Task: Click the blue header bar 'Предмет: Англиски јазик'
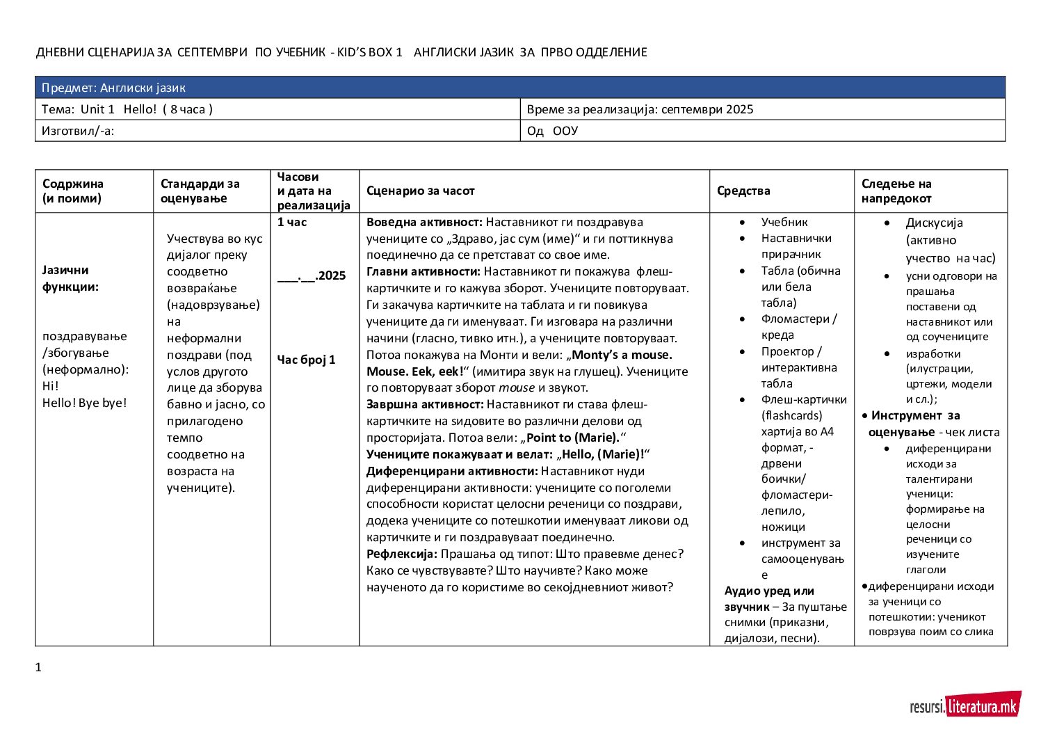coord(520,88)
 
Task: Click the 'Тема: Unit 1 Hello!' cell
coord(127,109)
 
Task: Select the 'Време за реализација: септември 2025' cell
coord(640,109)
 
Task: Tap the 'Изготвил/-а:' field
coord(78,131)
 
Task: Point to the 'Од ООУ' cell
coord(553,131)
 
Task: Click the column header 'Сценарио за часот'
coord(421,191)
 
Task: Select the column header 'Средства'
coord(743,191)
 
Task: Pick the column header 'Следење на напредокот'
coord(896,191)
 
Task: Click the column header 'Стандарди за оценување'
coord(200,191)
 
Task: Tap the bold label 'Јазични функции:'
coord(70,278)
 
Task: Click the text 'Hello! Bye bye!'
coord(85,403)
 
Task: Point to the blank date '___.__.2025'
coord(312,275)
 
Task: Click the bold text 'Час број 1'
coord(307,360)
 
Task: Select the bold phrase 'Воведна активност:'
coord(424,222)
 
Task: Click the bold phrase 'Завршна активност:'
coord(425,404)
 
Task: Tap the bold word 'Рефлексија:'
coord(402,554)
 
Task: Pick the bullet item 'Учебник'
coord(784,222)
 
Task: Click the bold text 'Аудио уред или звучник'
coord(769,598)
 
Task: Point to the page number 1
coord(38,668)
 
